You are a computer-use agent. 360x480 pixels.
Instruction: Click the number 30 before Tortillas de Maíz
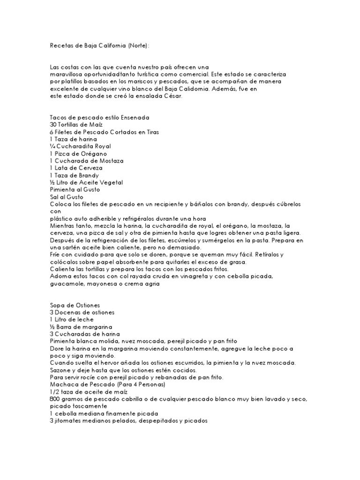pyautogui.click(x=53, y=125)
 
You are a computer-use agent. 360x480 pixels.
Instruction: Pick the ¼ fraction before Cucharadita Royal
pyautogui.click(x=52, y=146)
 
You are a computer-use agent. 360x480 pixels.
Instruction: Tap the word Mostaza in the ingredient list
pyautogui.click(x=110, y=160)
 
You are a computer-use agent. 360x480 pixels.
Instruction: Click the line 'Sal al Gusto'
pyautogui.click(x=66, y=196)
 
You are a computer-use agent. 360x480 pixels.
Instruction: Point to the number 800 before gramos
pyautogui.click(x=54, y=399)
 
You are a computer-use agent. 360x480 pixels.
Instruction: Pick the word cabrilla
pyautogui.click(x=133, y=399)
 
